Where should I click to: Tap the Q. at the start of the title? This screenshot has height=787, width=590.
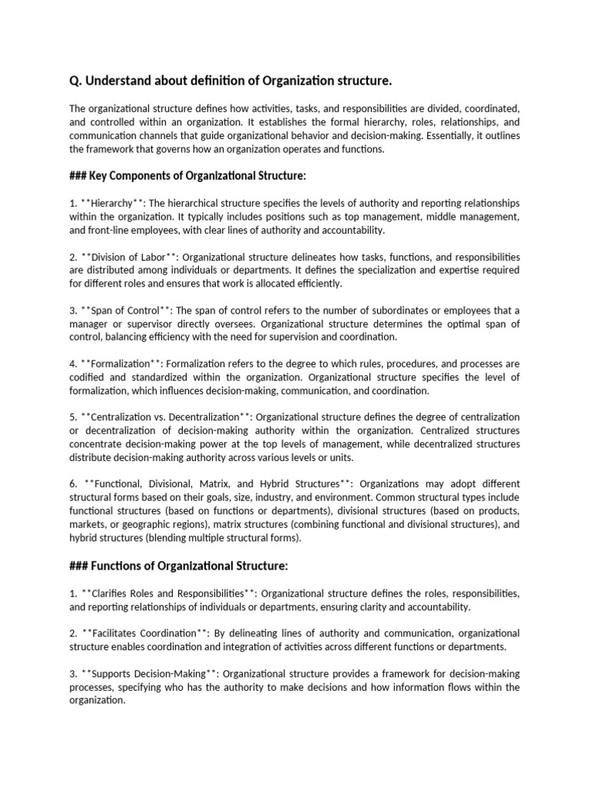coord(76,81)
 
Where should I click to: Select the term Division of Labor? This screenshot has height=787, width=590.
coord(128,257)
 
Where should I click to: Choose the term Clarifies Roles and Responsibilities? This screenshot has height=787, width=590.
coord(168,594)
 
